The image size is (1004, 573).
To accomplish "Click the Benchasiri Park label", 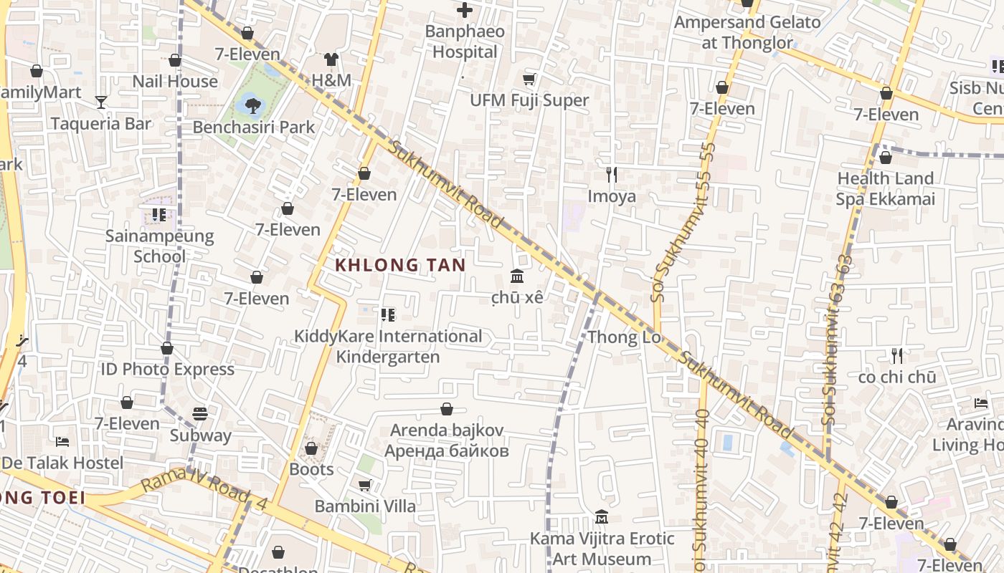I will pos(254,127).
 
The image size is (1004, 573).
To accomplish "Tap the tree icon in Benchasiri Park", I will pos(252,106).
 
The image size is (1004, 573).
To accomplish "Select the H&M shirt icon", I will pos(331,59).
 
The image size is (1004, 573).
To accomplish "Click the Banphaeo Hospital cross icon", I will pos(465,10).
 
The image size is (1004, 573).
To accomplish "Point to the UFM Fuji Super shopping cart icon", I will pos(529,79).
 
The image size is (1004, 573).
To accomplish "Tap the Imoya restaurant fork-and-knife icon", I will pos(612,175).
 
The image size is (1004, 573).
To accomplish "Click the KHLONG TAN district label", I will pos(400,265).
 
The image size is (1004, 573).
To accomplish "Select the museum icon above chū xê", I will pos(516,276).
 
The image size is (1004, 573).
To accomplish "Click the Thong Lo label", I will pos(624,337).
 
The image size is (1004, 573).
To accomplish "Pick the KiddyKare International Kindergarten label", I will pos(388,346).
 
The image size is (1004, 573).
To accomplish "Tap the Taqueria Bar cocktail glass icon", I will pos(101,102).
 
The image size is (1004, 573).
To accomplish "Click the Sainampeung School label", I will pos(159,246).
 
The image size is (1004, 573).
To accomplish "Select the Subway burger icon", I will pos(200,414).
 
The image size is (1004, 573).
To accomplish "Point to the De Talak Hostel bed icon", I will pos(62,441).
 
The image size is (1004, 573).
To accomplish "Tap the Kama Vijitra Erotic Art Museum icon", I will pos(602,517).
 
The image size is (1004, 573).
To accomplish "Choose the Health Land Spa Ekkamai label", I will pos(886,188).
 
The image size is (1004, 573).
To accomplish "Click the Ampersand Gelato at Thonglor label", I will pos(747,32).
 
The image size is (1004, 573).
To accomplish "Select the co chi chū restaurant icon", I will pos(896,355).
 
